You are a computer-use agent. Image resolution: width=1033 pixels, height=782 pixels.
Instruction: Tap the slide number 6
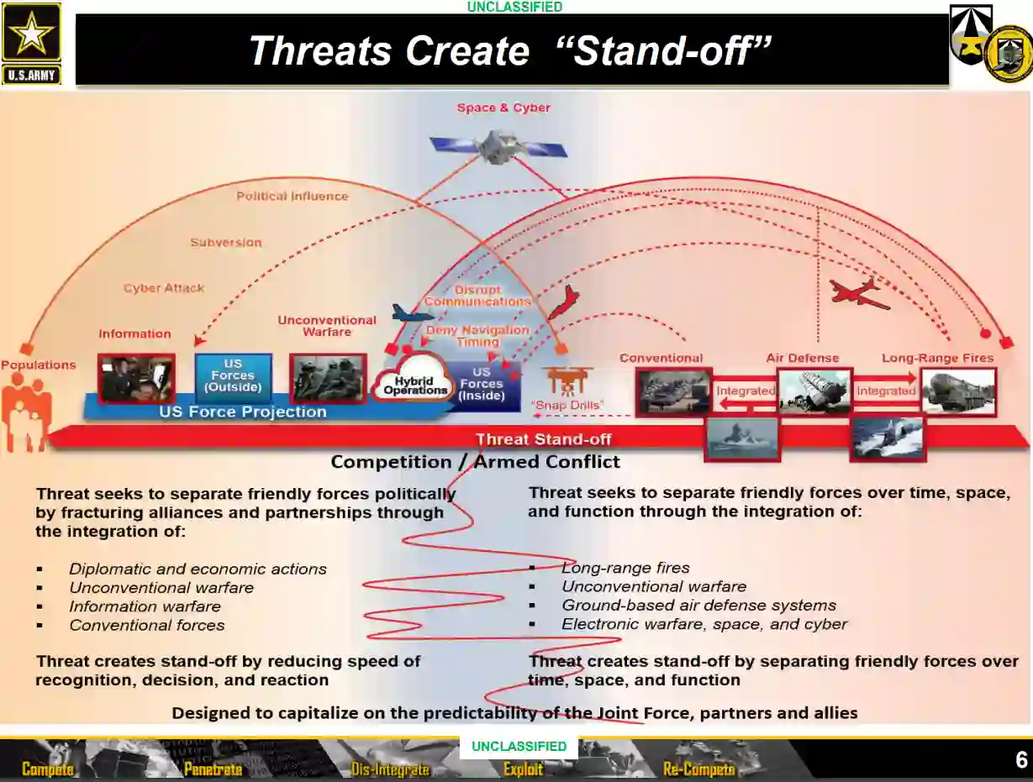coord(1021,760)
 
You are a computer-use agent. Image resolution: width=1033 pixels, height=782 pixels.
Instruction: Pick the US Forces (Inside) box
coord(481,384)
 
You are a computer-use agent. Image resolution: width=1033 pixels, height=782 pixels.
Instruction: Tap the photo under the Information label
coord(136,378)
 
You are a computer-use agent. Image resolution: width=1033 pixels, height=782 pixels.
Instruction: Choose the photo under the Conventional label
coord(673,391)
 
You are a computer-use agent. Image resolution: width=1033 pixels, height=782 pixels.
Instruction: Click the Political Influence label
coord(292,197)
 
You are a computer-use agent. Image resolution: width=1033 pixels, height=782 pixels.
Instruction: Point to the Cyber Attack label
coord(164,288)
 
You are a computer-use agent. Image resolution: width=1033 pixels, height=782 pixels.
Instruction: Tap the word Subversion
coord(225,243)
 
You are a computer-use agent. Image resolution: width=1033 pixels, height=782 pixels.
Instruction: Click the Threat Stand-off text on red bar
coord(543,439)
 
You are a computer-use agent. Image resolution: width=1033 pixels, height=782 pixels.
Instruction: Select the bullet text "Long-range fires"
coord(625,569)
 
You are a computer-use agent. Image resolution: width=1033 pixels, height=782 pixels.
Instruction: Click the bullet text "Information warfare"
coord(145,606)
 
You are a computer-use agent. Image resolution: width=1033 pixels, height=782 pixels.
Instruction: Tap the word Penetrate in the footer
coord(213,769)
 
